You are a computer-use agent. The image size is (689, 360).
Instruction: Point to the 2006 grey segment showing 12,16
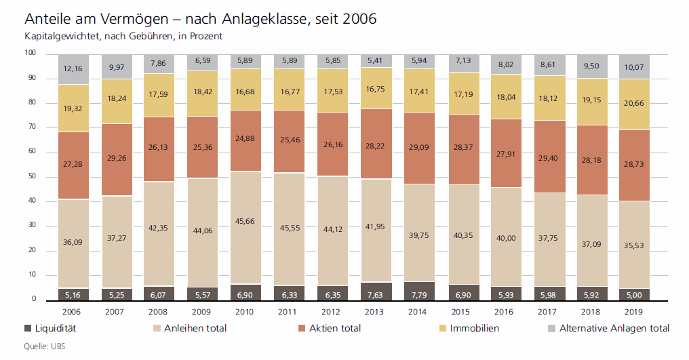click(x=73, y=69)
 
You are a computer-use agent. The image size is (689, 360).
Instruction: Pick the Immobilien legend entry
click(x=474, y=328)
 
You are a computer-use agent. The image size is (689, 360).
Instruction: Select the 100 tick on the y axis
click(x=29, y=53)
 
